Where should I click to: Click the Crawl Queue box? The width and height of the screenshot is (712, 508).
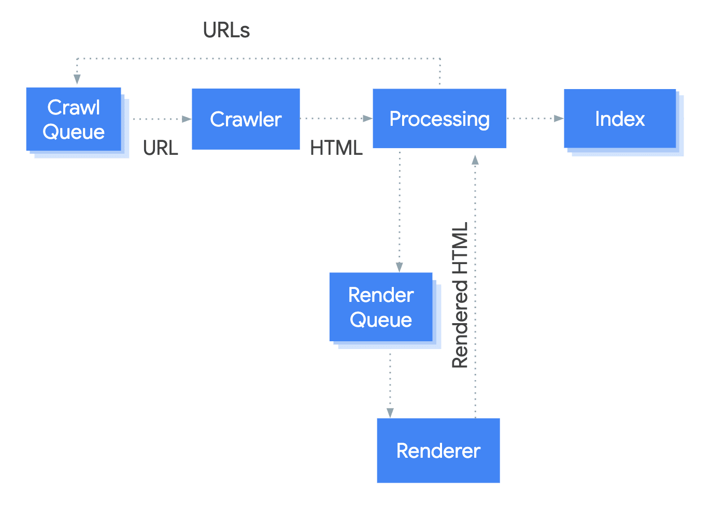tap(74, 120)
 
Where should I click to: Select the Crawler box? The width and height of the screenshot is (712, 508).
tap(246, 119)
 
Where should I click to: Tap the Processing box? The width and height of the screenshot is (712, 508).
tap(439, 119)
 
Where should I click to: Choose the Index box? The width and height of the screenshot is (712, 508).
tap(620, 119)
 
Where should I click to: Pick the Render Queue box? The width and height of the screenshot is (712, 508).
tap(381, 307)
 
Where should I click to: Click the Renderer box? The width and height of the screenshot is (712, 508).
tap(438, 451)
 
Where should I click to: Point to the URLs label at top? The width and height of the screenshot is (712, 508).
tap(226, 31)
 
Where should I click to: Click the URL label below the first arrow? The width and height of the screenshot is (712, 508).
tap(161, 148)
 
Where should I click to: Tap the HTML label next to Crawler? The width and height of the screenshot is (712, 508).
tap(336, 148)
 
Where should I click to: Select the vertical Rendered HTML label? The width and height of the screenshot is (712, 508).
tap(460, 295)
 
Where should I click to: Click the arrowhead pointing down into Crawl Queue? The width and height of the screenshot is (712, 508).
tap(77, 79)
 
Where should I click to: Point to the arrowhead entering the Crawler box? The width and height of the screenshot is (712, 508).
tap(187, 119)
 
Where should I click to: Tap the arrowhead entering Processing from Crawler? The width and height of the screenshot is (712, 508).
tap(367, 119)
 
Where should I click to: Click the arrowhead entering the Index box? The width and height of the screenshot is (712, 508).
tap(559, 119)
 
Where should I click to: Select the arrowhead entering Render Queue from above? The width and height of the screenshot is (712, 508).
tap(400, 267)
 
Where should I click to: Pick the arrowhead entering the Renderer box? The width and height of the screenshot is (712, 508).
tap(390, 413)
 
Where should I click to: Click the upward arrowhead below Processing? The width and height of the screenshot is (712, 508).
tap(475, 160)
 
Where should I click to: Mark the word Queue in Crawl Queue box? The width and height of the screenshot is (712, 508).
tap(74, 132)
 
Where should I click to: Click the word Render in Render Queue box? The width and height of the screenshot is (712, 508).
tap(381, 295)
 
